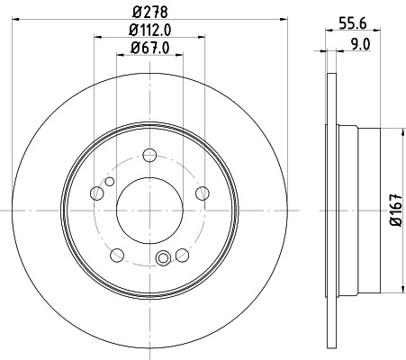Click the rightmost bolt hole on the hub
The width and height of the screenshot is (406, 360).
(202, 192)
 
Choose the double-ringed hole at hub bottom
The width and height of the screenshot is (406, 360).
(163, 260)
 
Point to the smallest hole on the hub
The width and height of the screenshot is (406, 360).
(110, 183)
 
